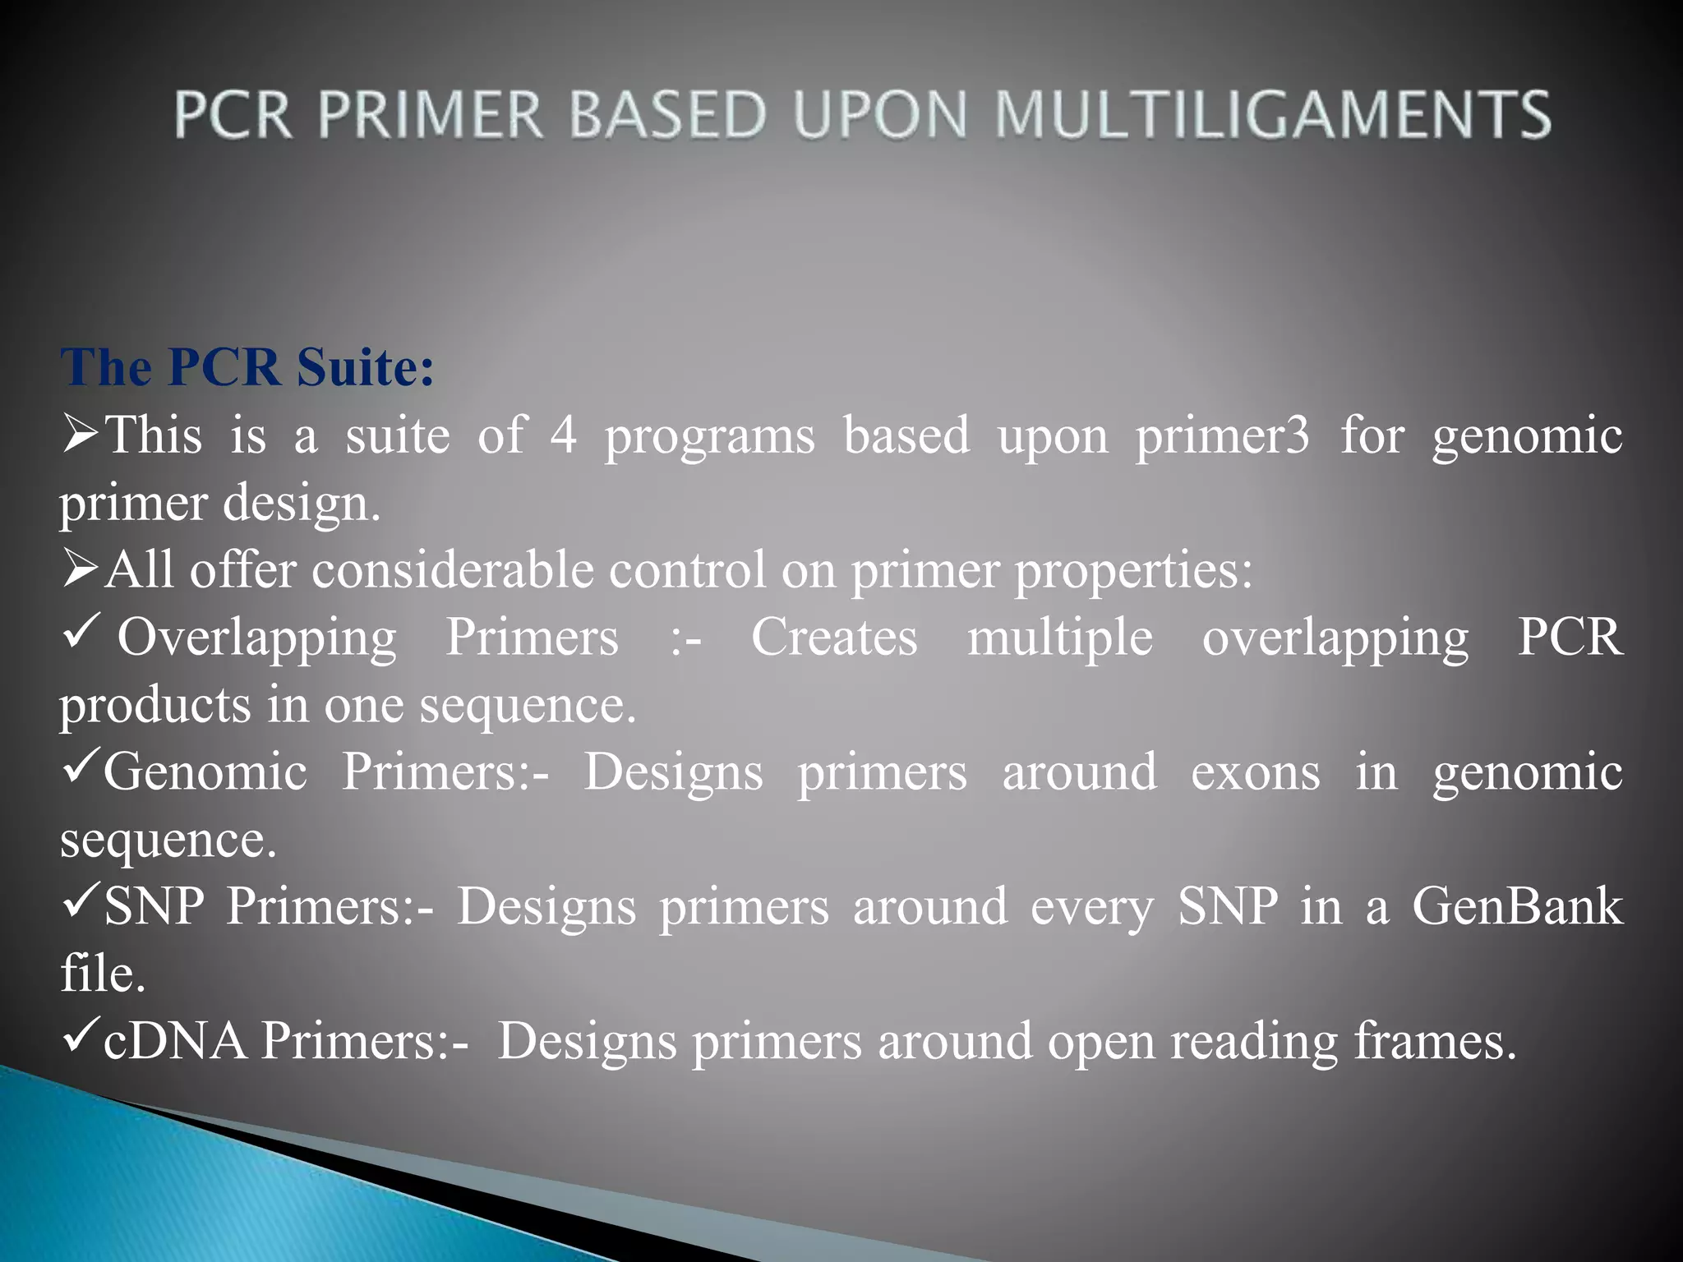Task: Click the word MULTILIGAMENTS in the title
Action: pos(1272,114)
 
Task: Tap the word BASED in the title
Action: pos(666,114)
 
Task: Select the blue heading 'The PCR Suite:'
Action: pos(247,366)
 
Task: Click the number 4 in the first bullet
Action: pos(563,435)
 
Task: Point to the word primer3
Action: pos(1223,436)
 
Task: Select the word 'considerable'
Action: pos(452,569)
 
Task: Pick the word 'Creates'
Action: pos(834,637)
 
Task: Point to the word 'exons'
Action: pos(1255,772)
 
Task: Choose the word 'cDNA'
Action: pos(175,1040)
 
